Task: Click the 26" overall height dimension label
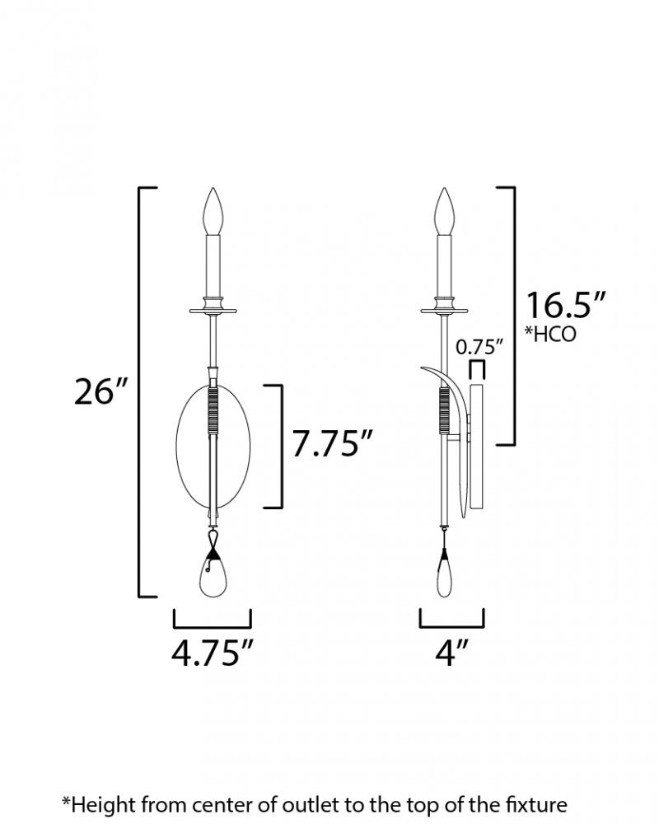[101, 391]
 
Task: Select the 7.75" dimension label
[332, 444]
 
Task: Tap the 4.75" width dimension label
[213, 653]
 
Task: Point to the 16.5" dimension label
[566, 306]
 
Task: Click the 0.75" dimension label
[479, 347]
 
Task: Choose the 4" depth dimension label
[451, 653]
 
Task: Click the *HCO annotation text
[550, 334]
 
